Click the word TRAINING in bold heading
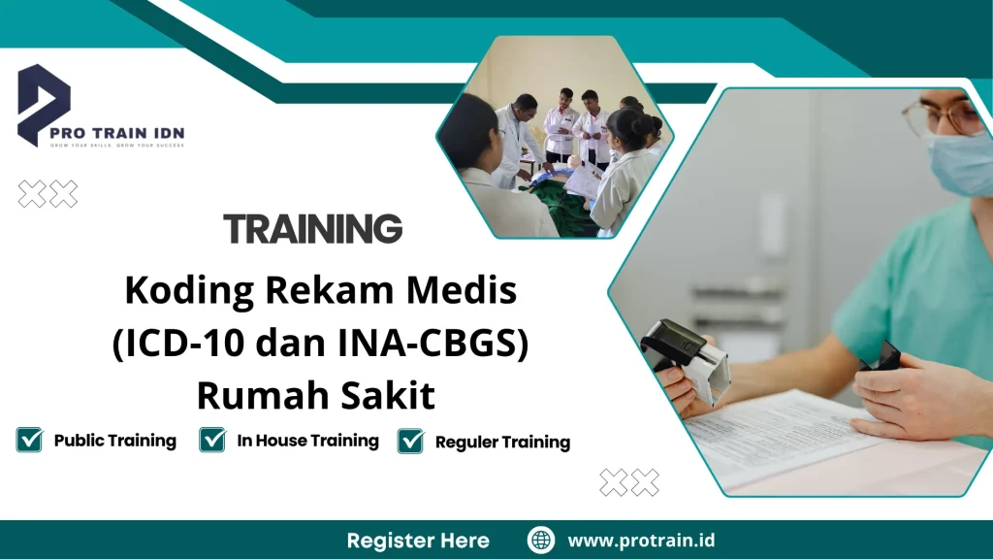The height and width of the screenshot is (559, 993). (312, 229)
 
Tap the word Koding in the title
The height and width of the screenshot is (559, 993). (185, 288)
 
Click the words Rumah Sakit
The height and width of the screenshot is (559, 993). (316, 396)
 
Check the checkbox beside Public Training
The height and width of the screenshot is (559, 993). (30, 441)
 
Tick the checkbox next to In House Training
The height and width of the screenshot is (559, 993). (212, 441)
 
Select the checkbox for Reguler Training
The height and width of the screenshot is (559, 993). (411, 442)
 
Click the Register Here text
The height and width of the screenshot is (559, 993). (418, 541)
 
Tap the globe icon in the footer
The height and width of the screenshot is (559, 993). (540, 541)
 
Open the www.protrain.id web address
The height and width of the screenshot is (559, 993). (641, 541)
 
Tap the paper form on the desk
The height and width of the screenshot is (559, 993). (776, 437)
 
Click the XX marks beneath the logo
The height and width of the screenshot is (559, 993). (48, 195)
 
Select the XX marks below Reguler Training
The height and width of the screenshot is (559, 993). (629, 482)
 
